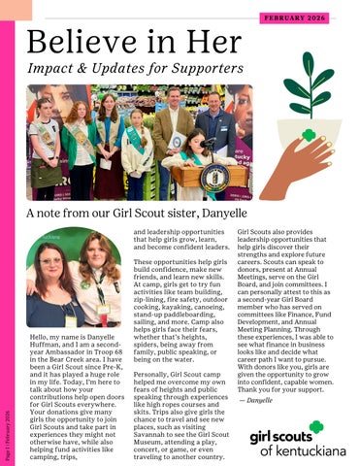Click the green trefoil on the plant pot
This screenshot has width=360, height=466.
(x=310, y=135)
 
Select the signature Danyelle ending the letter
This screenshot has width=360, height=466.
(x=259, y=400)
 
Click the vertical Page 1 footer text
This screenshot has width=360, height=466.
(x=8, y=432)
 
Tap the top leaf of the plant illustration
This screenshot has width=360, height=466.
(x=308, y=65)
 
